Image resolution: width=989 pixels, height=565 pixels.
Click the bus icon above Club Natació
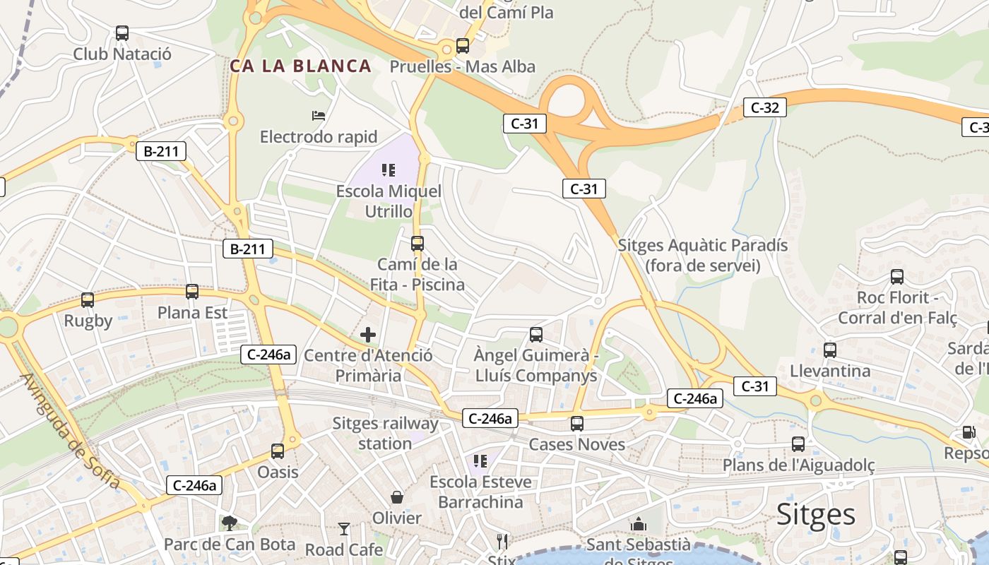122,33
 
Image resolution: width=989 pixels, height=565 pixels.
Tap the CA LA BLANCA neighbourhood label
300,66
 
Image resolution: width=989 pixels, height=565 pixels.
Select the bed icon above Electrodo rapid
319,115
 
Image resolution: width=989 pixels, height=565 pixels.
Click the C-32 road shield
764,108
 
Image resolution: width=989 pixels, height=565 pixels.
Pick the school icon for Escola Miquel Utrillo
388,170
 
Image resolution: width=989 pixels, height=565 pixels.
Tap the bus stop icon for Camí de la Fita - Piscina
417,244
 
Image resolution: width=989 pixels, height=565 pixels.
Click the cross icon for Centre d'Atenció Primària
368,335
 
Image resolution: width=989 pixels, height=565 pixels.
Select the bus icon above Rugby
88,300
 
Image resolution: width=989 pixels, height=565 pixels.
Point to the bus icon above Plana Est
192,292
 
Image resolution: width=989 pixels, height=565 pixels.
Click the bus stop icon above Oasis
278,451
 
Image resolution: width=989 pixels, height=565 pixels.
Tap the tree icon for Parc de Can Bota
229,523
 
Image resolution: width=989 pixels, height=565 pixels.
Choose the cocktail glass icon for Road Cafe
344,529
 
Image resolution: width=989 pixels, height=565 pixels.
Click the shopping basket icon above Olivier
397,497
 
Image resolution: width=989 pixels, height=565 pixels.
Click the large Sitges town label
816,515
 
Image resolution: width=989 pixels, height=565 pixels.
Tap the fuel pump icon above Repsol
968,432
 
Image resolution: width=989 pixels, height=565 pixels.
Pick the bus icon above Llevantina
830,350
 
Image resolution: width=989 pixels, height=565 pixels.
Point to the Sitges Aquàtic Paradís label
702,255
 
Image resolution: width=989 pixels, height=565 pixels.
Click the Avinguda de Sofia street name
70,431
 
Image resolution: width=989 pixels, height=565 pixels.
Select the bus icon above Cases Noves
577,424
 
